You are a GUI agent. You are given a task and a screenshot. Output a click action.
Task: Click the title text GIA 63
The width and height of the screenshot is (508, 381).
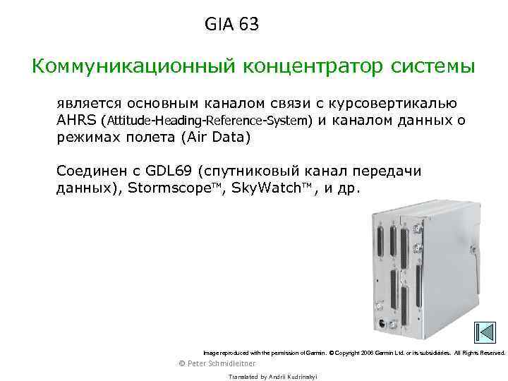(x=232, y=25)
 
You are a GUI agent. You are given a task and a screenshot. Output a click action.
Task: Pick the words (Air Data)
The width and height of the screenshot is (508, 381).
(x=215, y=137)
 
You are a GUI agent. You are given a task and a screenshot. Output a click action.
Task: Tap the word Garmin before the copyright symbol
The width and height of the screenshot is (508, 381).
(x=315, y=352)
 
